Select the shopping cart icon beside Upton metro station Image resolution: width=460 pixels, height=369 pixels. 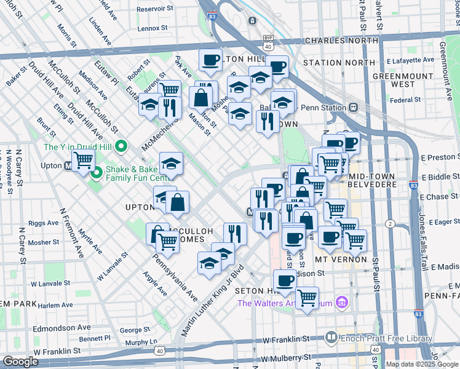click(83, 161)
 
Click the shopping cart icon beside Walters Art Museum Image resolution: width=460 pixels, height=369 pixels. click(306, 298)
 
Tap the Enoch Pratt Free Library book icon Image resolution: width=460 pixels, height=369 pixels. click(331, 337)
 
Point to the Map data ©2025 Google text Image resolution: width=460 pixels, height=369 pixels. click(422, 364)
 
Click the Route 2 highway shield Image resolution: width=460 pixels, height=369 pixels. click(390, 223)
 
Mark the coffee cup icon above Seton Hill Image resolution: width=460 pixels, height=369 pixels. click(284, 281)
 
